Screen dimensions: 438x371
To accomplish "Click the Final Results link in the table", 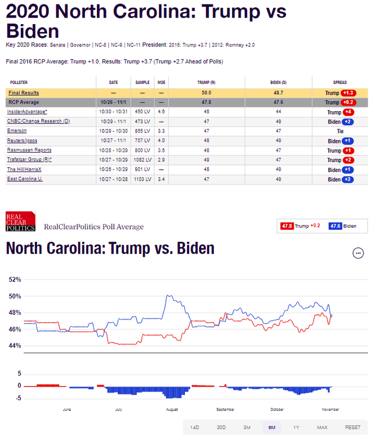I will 24,93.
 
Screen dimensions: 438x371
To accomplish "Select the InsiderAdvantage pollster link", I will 26,112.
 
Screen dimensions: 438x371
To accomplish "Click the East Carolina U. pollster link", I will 24,178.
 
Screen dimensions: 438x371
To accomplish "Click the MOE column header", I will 161,83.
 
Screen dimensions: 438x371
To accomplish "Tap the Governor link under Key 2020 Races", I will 83,44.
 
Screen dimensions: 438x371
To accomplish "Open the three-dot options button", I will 358,253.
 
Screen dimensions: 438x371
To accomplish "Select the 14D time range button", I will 194,427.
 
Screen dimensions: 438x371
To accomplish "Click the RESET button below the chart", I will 352,427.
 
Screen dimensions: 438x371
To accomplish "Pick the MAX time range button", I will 322,427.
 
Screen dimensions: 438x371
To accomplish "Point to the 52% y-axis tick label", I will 15,279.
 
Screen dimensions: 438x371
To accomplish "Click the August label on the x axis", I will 172,409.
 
